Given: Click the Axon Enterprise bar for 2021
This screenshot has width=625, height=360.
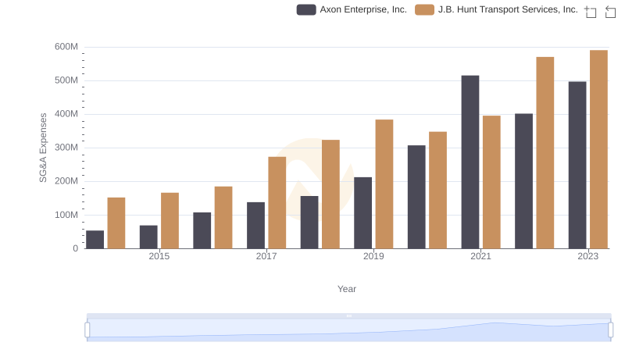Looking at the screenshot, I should point(470,162).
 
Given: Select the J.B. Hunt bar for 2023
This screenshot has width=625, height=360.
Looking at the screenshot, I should point(598,149).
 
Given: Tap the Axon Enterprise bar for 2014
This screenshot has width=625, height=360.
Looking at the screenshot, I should point(95,240).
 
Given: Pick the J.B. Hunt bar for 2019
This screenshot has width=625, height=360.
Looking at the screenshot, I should point(384,184).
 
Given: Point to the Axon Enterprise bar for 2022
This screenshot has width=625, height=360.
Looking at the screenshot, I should point(523,181).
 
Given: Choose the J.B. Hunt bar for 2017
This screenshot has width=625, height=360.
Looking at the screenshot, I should point(277,203).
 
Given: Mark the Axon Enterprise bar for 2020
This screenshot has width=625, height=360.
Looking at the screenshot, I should point(416,197).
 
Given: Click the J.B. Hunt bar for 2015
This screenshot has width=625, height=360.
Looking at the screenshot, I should point(170,221).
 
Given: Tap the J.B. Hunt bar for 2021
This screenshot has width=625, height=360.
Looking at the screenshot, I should point(491,182).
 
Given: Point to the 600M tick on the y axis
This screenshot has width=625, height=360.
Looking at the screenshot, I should point(66,47).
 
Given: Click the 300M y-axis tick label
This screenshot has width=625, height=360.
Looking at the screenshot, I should point(66,148).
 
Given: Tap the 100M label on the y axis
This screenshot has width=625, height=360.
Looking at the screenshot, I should point(66,215).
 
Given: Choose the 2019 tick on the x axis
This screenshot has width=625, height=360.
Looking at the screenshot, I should point(373,256).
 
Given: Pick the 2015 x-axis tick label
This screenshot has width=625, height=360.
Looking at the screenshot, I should point(159,256).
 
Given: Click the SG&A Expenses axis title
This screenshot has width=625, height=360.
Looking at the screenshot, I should point(44,148).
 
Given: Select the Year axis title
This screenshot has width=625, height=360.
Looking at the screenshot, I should point(347,289).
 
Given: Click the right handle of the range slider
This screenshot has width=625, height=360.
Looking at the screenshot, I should point(611,330).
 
